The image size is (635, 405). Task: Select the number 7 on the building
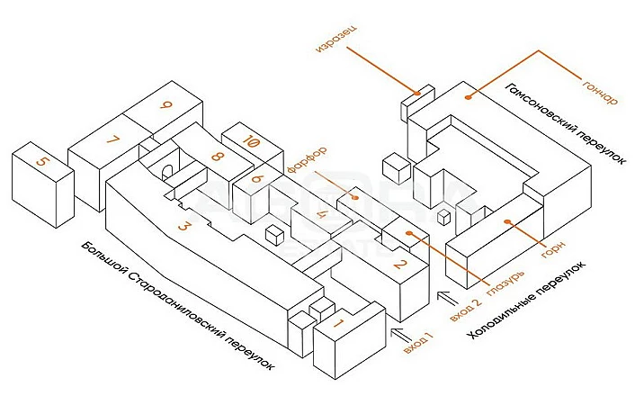(112, 140)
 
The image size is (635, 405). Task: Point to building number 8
(217, 157)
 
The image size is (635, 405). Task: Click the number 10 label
(251, 142)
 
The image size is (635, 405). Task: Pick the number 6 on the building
(256, 178)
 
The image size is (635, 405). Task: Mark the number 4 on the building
(321, 215)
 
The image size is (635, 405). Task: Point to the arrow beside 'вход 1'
(399, 335)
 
